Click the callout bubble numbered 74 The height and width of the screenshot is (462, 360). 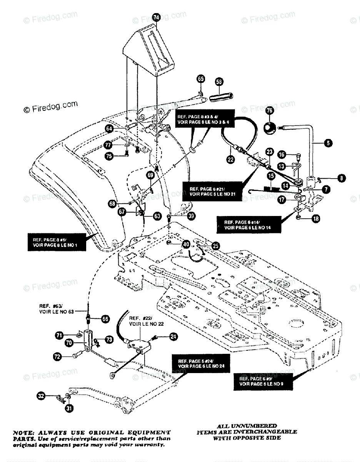(x=156, y=17)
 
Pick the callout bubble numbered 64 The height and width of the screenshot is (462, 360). (x=109, y=128)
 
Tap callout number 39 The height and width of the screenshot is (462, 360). (x=191, y=216)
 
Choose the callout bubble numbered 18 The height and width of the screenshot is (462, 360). (x=315, y=218)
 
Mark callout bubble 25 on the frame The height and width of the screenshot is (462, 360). (x=215, y=245)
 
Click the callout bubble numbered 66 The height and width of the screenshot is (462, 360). (x=105, y=319)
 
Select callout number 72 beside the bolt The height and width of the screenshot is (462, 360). (x=57, y=357)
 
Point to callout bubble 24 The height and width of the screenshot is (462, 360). (x=173, y=337)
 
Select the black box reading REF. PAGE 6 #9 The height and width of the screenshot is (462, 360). (x=265, y=381)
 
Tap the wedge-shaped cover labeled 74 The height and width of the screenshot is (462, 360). (x=148, y=46)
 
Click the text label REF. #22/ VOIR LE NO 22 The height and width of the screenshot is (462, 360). (x=141, y=321)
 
